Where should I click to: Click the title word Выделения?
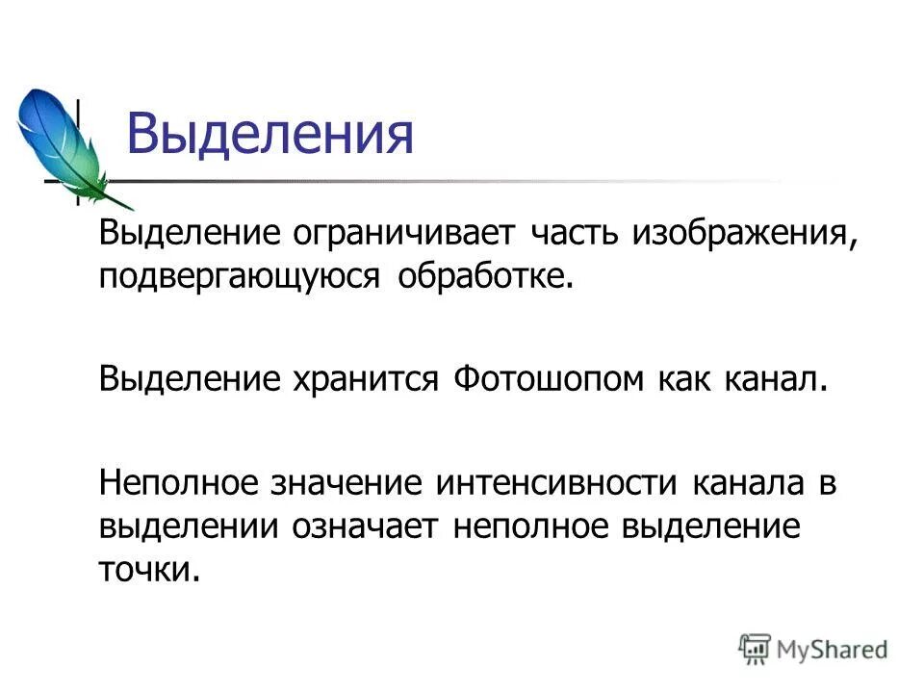click(270, 135)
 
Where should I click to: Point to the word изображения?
click(741, 235)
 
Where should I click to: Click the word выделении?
click(190, 526)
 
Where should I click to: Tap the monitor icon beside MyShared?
click(756, 647)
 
